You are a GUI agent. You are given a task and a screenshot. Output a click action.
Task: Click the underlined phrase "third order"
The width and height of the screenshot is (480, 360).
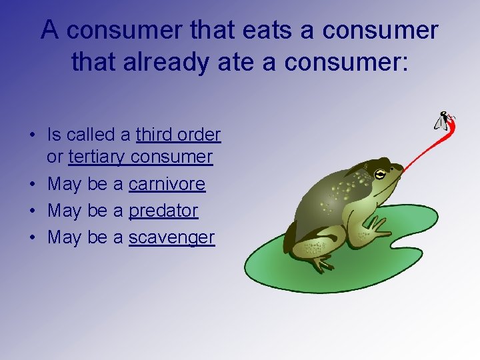178,135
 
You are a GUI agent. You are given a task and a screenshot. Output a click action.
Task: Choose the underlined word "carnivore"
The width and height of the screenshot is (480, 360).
167,184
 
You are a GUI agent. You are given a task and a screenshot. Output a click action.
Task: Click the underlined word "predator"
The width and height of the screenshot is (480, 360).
163,211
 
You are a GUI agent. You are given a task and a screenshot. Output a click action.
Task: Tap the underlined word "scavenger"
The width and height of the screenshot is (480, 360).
171,237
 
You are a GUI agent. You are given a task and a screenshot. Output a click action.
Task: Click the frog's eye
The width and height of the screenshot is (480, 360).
379,175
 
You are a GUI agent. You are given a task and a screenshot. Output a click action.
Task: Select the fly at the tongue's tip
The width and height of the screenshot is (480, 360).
443,121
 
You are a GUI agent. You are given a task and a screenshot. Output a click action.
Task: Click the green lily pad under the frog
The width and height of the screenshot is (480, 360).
280,267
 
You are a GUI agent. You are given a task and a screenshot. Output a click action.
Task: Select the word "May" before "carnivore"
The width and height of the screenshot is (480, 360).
65,184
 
